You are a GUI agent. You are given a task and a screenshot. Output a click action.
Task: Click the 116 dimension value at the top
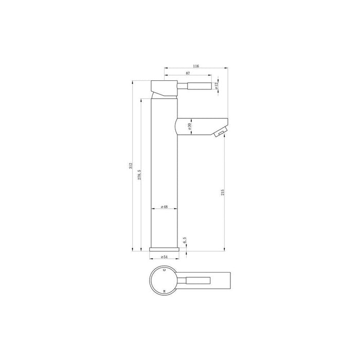(x=196, y=66)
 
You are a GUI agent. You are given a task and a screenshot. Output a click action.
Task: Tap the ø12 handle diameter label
(x=217, y=86)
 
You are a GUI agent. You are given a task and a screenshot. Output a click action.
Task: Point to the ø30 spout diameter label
(x=190, y=125)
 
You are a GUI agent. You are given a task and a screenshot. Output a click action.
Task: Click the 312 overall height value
(x=131, y=165)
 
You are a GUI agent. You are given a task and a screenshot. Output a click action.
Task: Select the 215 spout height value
(x=223, y=192)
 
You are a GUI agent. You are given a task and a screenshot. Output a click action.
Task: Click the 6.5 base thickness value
(x=185, y=240)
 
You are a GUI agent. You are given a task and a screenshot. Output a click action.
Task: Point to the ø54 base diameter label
(x=165, y=256)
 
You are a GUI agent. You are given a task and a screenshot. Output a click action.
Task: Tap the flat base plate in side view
(x=165, y=249)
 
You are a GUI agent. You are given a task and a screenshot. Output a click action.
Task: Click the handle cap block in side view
(x=164, y=88)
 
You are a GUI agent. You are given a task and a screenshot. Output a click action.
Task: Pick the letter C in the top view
(x=164, y=269)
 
